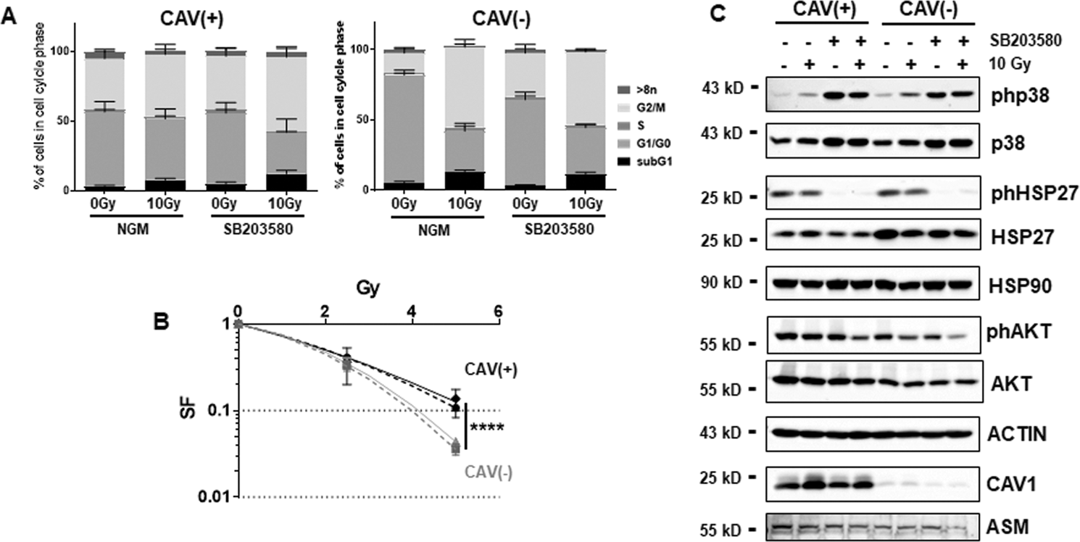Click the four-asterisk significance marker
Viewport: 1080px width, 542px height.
click(486, 428)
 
